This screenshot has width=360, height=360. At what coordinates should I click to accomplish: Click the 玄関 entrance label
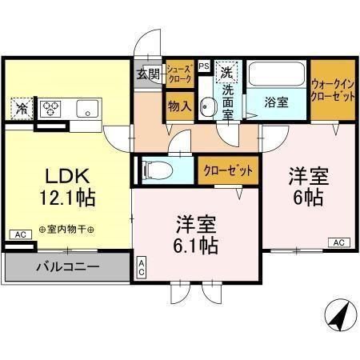148,74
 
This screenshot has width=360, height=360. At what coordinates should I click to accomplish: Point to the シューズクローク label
178,74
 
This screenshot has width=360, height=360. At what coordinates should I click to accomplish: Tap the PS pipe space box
204,66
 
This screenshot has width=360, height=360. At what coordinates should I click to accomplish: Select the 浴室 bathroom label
278,102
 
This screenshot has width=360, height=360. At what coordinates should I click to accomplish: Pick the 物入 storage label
179,105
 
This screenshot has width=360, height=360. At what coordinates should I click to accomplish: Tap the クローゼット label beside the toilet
228,171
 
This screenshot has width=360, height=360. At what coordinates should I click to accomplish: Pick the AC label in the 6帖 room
338,242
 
